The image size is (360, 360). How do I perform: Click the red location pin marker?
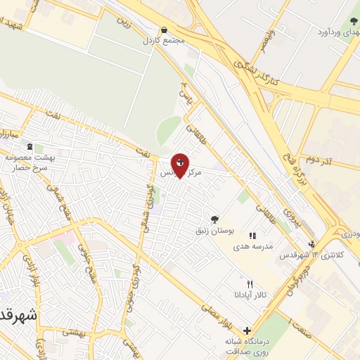click(x=180, y=165)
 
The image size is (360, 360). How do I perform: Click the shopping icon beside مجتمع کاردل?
click(x=164, y=30)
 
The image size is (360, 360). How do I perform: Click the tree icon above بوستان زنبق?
click(x=214, y=219)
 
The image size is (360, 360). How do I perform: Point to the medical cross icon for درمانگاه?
click(x=246, y=330)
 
